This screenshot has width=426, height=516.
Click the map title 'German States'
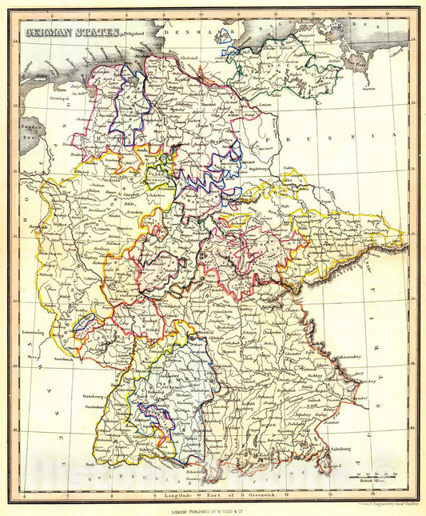(x=72, y=33)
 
